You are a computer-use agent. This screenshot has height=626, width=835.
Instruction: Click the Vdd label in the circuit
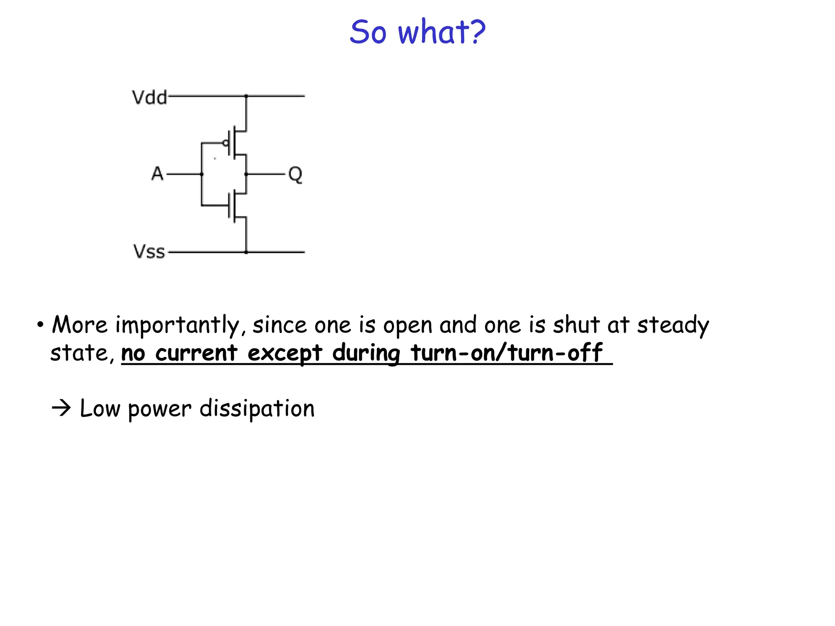click(149, 98)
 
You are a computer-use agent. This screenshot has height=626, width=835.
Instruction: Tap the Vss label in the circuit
click(149, 252)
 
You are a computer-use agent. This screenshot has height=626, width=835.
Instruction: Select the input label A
click(157, 174)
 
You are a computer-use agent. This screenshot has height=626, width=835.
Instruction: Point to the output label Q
click(295, 174)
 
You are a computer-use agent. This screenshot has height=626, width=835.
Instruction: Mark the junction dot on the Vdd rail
click(246, 96)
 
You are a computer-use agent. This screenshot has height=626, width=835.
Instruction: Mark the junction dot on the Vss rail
click(246, 252)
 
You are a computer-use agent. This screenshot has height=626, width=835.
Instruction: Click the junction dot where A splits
click(202, 174)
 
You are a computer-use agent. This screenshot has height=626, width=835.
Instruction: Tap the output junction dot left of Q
click(246, 174)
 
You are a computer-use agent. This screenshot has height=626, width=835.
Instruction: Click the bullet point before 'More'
click(40, 325)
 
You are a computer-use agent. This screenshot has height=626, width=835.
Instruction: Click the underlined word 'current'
click(196, 353)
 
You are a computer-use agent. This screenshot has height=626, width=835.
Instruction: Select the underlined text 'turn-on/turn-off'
click(506, 353)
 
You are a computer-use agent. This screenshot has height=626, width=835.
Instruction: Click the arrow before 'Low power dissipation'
click(62, 408)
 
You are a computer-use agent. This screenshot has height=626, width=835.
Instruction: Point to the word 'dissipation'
click(257, 409)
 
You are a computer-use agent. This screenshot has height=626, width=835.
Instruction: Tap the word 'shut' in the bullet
click(576, 325)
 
